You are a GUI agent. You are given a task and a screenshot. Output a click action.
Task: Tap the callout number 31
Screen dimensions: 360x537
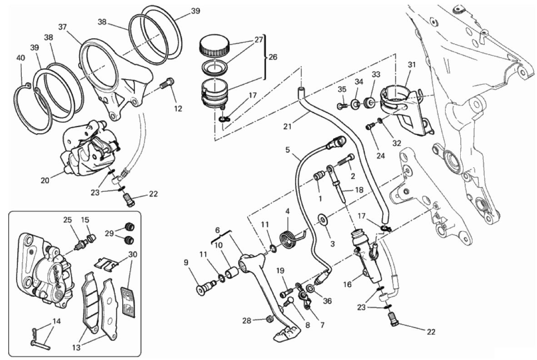(x=411, y=65)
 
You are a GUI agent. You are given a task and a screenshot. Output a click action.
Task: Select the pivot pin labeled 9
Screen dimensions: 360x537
(x=204, y=288)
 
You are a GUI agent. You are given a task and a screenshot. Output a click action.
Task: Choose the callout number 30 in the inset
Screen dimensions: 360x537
(x=132, y=254)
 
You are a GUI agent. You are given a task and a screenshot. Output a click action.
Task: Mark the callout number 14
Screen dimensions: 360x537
(x=56, y=321)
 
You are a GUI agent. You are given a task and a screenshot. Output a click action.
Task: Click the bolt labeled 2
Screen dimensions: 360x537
(x=347, y=160)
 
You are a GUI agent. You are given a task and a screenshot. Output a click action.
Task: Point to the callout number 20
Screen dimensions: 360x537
(x=44, y=180)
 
